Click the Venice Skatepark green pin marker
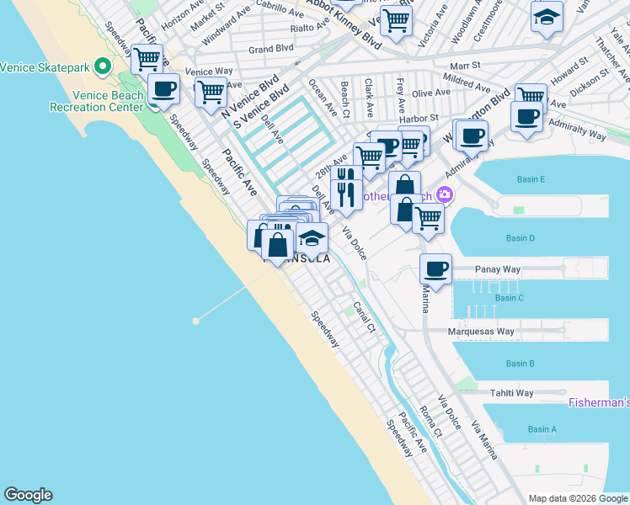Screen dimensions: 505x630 click(x=103, y=66)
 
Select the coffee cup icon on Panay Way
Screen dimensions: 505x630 click(x=435, y=268)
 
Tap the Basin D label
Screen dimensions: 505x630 click(x=520, y=238)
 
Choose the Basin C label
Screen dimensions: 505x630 click(x=510, y=298)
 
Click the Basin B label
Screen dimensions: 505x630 click(x=520, y=364)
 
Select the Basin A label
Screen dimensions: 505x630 click(x=542, y=429)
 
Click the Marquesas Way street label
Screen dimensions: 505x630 click(x=481, y=332)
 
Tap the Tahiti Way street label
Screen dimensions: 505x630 click(x=512, y=393)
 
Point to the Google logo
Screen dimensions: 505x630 click(x=28, y=495)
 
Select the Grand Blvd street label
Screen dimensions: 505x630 click(x=270, y=49)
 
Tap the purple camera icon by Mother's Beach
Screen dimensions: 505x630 click(x=444, y=195)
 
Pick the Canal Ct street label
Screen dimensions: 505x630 click(x=364, y=316)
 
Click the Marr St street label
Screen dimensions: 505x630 click(x=464, y=65)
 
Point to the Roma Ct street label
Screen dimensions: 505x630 click(x=430, y=421)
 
